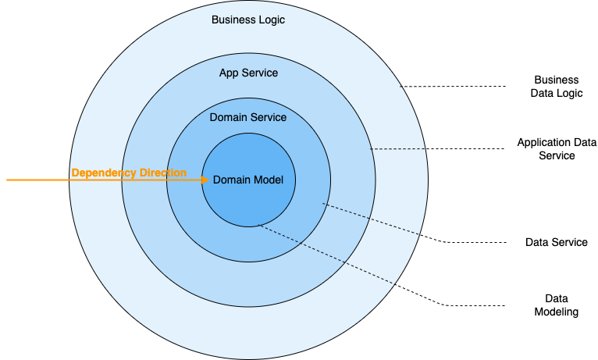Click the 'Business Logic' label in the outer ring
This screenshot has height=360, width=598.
pos(248,20)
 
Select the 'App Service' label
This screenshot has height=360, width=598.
pos(248,73)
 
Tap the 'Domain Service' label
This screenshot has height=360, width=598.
pos(248,117)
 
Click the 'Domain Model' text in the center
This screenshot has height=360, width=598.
pos(248,180)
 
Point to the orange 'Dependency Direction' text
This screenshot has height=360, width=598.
pos(129,173)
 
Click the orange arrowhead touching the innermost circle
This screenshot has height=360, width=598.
pos(206,180)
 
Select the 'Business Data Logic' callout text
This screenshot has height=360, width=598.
pos(557,86)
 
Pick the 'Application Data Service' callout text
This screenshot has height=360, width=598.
pos(557,149)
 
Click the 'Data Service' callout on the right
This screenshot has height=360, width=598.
pos(557,242)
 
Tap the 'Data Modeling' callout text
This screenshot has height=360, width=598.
pos(557,305)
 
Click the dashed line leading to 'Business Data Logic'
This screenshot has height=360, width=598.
pos(453,86)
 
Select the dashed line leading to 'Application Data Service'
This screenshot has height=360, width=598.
pos(437,149)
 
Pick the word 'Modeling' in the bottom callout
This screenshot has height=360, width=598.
pos(557,312)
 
